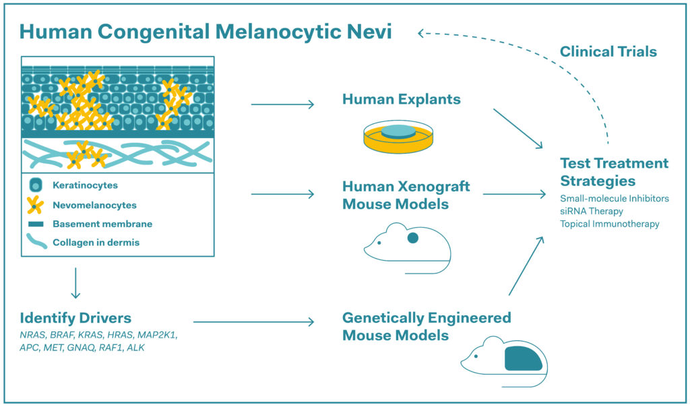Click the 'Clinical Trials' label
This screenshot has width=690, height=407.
(x=608, y=51)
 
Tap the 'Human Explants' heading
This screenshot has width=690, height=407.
(x=402, y=99)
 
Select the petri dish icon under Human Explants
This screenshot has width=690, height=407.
(x=398, y=136)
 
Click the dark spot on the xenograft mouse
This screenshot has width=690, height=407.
(x=413, y=237)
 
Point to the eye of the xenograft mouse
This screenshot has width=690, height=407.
(x=382, y=243)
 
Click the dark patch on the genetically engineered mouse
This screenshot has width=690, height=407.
(x=524, y=358)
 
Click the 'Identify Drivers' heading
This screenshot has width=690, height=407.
(x=75, y=317)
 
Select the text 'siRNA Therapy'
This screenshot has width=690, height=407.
(x=592, y=211)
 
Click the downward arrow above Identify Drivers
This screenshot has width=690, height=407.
(x=75, y=283)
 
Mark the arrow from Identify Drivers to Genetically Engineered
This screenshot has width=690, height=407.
(x=253, y=322)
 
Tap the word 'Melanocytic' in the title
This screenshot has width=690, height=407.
(x=225, y=32)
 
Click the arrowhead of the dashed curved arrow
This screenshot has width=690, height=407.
(x=422, y=32)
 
